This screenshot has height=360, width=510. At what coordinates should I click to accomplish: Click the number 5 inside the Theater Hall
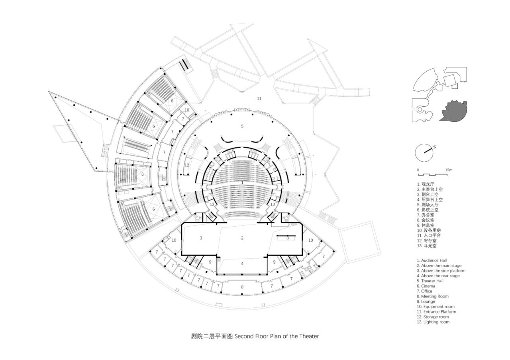click(x=242, y=126)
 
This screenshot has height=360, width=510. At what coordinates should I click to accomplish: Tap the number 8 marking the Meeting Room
click(x=242, y=287)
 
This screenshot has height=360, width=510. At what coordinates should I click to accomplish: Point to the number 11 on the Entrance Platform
click(x=259, y=98)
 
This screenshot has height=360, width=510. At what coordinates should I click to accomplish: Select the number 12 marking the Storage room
click(x=187, y=165)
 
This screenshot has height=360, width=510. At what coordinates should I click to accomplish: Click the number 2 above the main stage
click(x=242, y=238)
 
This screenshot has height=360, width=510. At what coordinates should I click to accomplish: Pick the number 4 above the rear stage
click(x=242, y=264)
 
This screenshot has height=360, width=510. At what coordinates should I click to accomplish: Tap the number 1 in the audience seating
click(x=242, y=182)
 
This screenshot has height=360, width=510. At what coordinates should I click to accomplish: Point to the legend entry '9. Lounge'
click(x=426, y=301)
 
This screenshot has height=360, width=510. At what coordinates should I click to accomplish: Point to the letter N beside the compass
click(x=434, y=147)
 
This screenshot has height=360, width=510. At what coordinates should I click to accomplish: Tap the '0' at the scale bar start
click(x=418, y=170)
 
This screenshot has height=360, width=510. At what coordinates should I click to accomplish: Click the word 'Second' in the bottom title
click(x=243, y=336)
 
